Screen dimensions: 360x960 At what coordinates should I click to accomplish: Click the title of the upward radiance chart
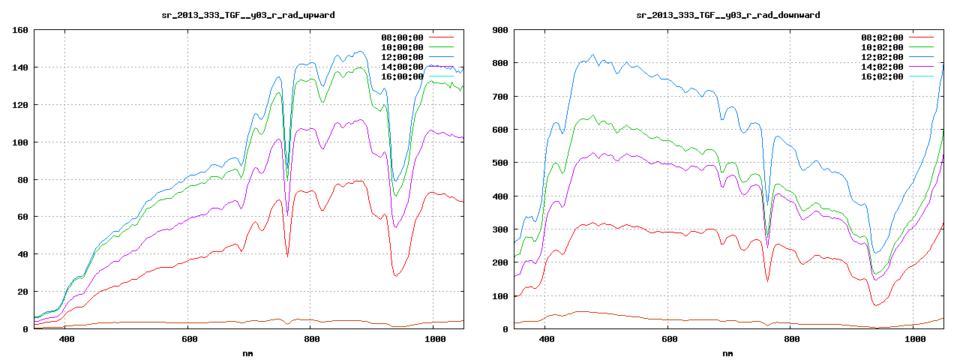[248, 15]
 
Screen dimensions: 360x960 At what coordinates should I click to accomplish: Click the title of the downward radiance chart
[727, 15]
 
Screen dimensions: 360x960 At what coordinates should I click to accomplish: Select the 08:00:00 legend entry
[403, 37]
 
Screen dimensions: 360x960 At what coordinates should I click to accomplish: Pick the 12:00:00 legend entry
[403, 57]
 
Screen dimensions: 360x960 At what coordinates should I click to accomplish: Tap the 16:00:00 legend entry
[403, 76]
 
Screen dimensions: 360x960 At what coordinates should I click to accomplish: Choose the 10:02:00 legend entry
[883, 47]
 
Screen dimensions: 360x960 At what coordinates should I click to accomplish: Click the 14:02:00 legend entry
[883, 67]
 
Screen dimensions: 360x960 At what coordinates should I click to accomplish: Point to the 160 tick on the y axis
[20, 30]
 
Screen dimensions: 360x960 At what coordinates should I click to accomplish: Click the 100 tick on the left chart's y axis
[20, 142]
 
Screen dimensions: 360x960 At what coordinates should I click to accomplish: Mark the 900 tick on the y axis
[500, 30]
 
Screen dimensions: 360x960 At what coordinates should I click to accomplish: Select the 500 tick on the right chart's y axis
[500, 163]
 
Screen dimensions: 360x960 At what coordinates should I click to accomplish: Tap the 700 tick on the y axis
[500, 97]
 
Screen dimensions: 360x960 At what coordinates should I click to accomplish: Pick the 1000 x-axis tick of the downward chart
[914, 340]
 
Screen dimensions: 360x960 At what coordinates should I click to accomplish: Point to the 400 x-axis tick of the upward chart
[66, 340]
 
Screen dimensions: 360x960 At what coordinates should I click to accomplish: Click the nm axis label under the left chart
[248, 352]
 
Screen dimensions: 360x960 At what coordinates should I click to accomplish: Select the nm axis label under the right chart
[727, 352]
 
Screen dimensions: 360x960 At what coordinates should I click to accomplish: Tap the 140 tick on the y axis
[20, 67]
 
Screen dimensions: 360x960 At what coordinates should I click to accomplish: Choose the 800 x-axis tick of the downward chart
[791, 340]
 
